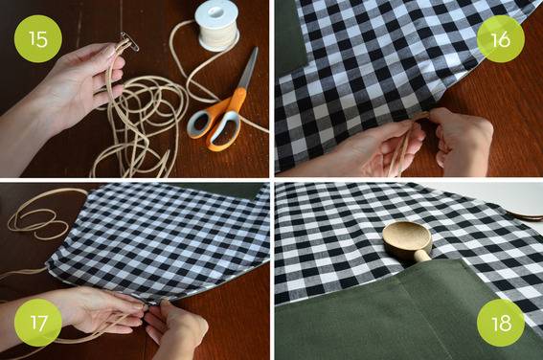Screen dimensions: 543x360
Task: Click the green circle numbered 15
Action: (38, 38)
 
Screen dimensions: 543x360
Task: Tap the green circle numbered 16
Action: (501, 38)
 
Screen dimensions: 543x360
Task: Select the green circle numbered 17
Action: (38, 323)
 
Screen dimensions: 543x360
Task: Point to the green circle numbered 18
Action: (501, 323)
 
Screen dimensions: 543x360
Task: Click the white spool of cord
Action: (216, 25)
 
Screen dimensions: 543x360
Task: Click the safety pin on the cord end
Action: (129, 42)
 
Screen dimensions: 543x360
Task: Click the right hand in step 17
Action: (176, 328)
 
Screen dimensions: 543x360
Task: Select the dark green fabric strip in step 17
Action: (221, 190)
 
